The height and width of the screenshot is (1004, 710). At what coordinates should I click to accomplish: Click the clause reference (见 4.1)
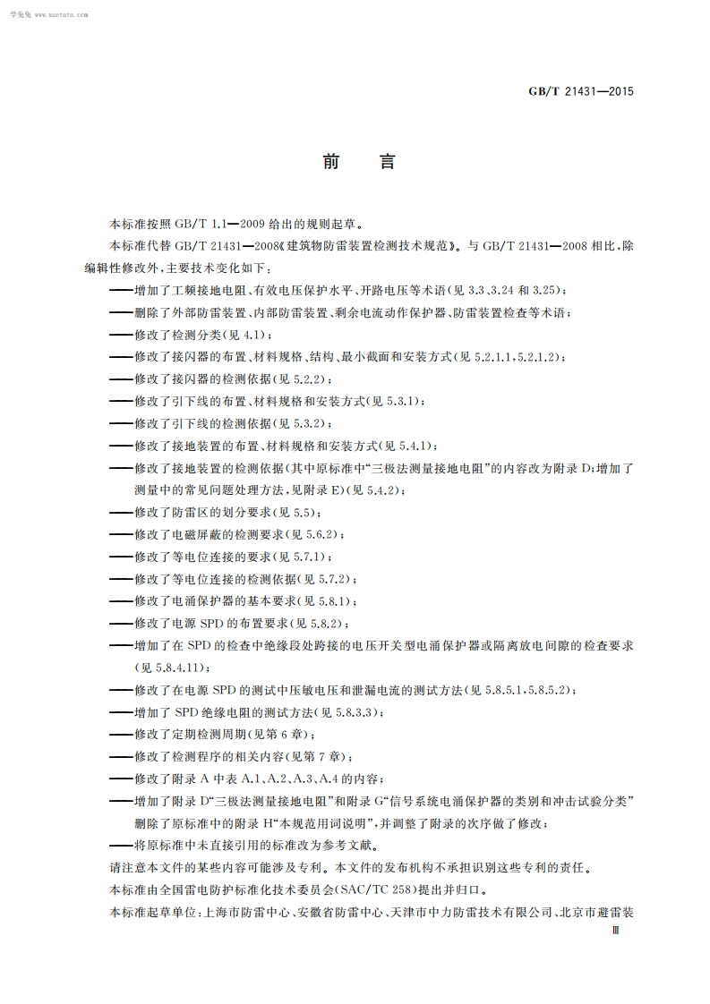click(x=248, y=335)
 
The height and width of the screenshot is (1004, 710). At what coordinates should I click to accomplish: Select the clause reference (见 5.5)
click(x=296, y=512)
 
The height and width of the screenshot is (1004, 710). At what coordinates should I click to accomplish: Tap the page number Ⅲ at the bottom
click(x=614, y=931)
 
